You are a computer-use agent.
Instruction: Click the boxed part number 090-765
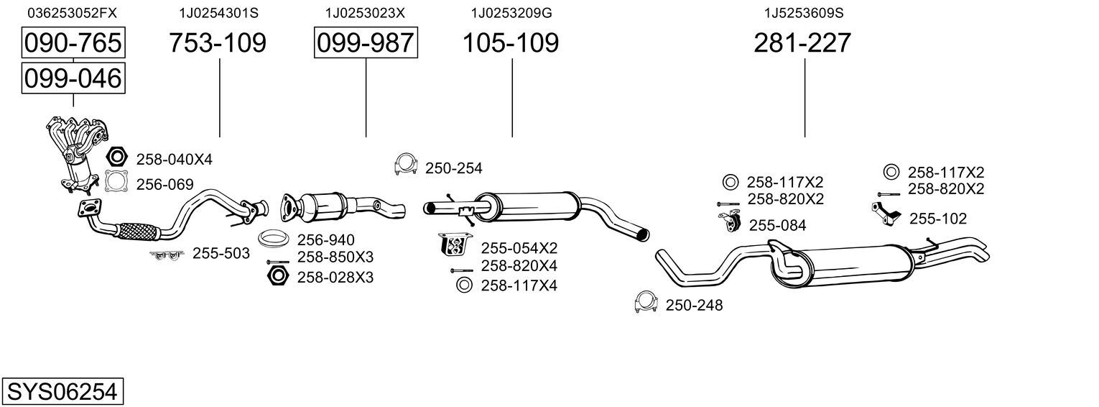coord(73,43)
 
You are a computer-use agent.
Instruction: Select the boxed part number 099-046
coord(73,78)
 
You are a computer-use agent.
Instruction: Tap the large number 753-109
coord(218,43)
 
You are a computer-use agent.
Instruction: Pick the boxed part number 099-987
coord(366,43)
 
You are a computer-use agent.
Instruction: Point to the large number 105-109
coord(510,43)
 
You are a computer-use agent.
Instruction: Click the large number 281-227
coord(802,43)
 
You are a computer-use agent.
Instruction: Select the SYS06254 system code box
coord(62,392)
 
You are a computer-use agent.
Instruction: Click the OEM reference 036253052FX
coord(71,13)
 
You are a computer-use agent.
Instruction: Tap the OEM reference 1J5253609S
coord(803,13)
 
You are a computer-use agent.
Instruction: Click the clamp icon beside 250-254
coord(406,165)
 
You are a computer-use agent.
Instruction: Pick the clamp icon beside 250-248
coord(646,303)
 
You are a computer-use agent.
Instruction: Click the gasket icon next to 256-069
coord(116,183)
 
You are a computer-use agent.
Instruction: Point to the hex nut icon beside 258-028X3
coord(278,276)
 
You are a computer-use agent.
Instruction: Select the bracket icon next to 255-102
coord(887,214)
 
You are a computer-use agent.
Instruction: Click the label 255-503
coord(221,253)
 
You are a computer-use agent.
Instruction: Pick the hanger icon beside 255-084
coord(728,223)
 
